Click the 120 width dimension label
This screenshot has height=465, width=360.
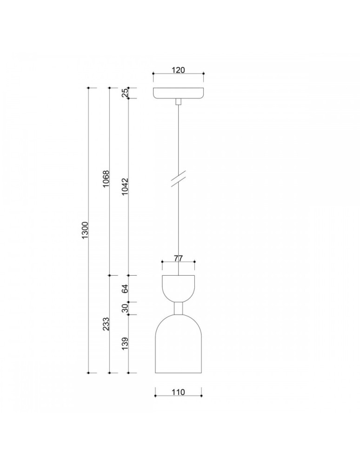pos(179,70)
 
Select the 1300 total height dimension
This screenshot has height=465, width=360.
pos(85,231)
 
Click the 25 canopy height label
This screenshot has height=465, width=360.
pos(125,93)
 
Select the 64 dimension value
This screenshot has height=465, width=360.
pos(125,289)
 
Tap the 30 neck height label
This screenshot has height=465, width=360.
pos(125,308)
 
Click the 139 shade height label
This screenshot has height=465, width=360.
pos(125,344)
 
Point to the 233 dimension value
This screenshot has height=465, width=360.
pos(106,324)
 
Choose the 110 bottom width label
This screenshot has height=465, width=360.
pos(178,392)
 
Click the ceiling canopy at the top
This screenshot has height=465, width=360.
pos(179,93)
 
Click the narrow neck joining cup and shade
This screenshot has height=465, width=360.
pos(179,308)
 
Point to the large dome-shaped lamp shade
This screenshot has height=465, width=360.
pos(179,346)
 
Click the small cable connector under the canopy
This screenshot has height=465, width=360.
pos(179,102)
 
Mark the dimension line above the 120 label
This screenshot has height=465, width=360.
pos(179,74)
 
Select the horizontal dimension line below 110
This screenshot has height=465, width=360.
pos(178,396)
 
